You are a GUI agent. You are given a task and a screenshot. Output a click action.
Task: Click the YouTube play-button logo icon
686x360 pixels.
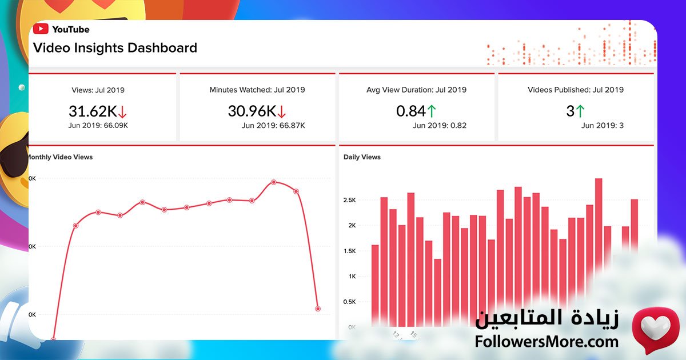[x=40, y=29]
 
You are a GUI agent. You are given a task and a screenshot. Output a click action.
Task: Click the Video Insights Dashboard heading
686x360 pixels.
[x=115, y=48]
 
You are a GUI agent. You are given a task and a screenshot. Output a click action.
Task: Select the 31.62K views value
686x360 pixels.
[x=92, y=111]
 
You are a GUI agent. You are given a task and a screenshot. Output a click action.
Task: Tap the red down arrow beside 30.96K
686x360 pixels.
[x=281, y=112]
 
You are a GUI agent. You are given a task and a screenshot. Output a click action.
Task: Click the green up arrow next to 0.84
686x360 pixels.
[x=432, y=111]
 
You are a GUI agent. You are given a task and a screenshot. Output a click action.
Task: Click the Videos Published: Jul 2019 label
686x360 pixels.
[x=575, y=90]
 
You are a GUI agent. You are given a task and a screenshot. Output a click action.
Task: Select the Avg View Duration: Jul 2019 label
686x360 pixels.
[x=416, y=90]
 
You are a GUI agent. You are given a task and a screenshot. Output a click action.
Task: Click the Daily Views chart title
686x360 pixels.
[x=362, y=157]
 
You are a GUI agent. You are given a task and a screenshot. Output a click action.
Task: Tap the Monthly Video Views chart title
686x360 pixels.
[x=59, y=157]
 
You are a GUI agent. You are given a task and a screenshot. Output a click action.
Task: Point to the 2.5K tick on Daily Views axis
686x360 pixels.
[x=350, y=200]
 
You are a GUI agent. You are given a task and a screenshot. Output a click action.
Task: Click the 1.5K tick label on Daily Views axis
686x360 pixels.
[x=350, y=251]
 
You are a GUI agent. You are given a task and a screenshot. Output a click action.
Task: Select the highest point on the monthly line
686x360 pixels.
[x=274, y=182]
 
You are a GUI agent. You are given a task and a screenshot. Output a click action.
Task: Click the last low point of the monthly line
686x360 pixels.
[x=318, y=309]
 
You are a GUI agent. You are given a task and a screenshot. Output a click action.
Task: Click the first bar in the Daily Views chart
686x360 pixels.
[x=375, y=286]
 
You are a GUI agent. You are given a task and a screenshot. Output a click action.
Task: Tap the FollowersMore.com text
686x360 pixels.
[x=547, y=342]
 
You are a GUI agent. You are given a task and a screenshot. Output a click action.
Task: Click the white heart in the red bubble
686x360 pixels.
[x=655, y=327]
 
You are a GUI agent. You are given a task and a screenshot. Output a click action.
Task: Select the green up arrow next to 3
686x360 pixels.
[x=580, y=111]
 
